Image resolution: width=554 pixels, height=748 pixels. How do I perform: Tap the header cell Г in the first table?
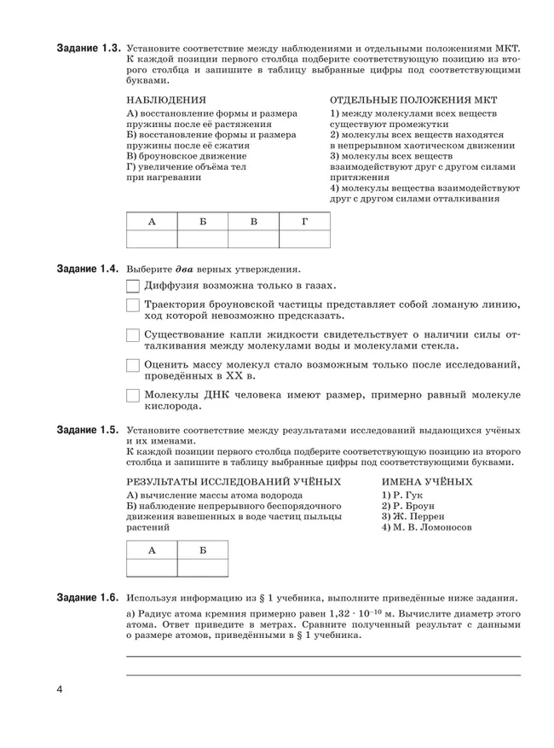(x=304, y=221)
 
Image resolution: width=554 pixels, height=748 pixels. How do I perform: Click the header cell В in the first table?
(x=253, y=221)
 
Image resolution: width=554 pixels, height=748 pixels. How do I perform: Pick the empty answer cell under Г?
(x=304, y=239)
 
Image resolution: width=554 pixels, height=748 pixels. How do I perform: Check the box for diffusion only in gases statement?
(x=133, y=287)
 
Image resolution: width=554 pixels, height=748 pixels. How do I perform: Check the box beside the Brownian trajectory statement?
(x=133, y=306)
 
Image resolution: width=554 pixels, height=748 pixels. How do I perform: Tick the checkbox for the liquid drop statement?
(x=133, y=335)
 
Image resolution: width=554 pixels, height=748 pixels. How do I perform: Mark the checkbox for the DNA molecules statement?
(x=133, y=396)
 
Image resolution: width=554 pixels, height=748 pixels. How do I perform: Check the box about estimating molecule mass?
(x=133, y=365)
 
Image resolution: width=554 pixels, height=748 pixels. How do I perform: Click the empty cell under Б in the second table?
(x=202, y=567)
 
